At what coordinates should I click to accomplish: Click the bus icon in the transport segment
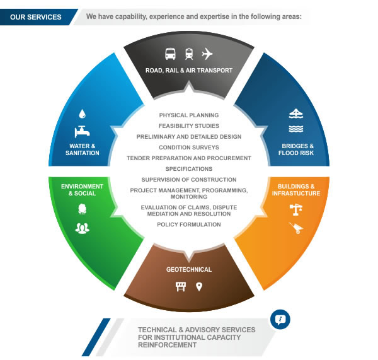[171, 54]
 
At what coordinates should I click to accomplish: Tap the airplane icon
[207, 54]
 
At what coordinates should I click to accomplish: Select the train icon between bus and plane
[189, 54]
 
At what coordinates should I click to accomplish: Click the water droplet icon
[82, 114]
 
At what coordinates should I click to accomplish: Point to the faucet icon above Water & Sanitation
[81, 132]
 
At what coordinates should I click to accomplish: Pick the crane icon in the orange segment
[295, 209]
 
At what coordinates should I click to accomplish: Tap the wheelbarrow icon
[295, 228]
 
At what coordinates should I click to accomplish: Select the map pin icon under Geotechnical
[199, 287]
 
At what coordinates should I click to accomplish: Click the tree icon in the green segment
[82, 209]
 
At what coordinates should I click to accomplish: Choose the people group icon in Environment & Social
[82, 228]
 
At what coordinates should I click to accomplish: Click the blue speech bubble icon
[280, 320]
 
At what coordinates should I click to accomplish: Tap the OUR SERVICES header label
[35, 17]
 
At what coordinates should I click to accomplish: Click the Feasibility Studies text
[189, 126]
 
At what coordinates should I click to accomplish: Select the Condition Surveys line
[189, 148]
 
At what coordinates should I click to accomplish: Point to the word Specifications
[189, 169]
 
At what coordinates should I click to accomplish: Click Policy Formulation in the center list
[189, 224]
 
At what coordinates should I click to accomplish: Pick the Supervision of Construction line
[189, 180]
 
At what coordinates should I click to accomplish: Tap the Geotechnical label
[189, 270]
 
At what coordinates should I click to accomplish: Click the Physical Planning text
[189, 115]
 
